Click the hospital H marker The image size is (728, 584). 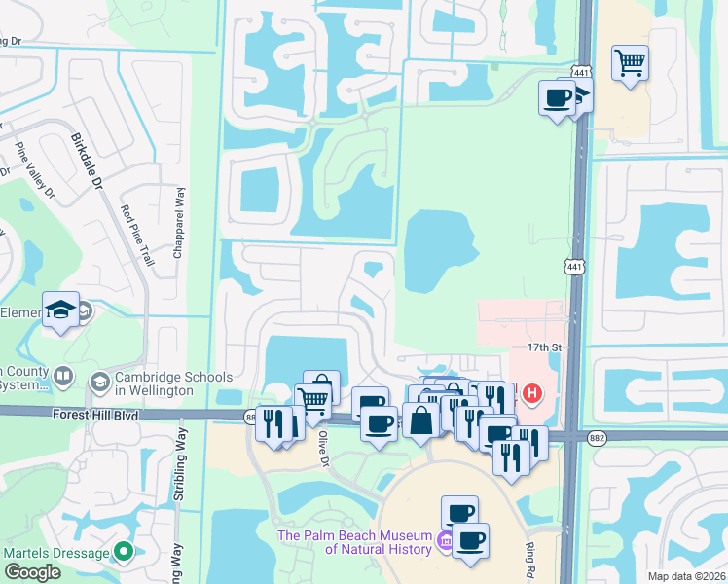tap(532, 394)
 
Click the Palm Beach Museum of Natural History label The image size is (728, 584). tap(354, 542)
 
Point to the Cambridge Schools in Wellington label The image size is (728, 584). tap(175, 384)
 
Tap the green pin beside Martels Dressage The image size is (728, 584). tap(123, 552)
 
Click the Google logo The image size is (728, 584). tap(32, 572)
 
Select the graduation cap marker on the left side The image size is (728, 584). tap(61, 310)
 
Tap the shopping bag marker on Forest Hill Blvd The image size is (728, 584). tap(421, 421)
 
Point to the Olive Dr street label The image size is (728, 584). tap(321, 450)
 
